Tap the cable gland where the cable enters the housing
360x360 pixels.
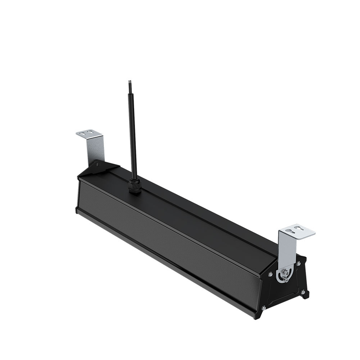(x=135, y=184)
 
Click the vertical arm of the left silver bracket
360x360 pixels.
(x=95, y=151)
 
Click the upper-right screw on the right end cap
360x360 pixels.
(x=299, y=263)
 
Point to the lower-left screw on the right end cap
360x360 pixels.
(x=264, y=308)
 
